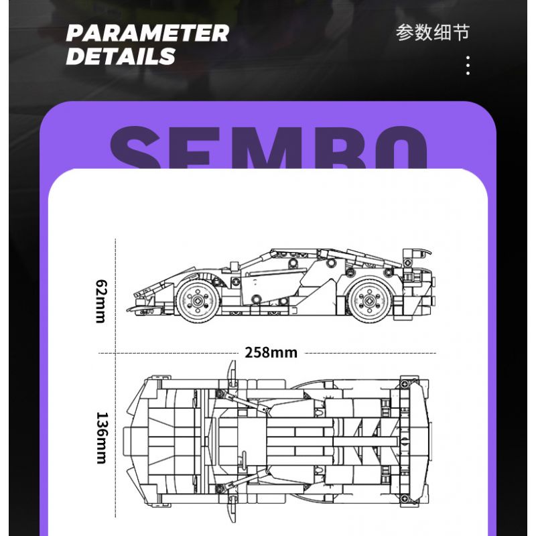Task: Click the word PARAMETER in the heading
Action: pyautogui.click(x=147, y=33)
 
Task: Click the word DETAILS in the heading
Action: pyautogui.click(x=121, y=56)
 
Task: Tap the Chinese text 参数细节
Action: pyautogui.click(x=433, y=33)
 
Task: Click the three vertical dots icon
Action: pyautogui.click(x=468, y=66)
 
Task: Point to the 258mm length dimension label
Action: pyautogui.click(x=271, y=352)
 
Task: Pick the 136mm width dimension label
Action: pyautogui.click(x=100, y=437)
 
